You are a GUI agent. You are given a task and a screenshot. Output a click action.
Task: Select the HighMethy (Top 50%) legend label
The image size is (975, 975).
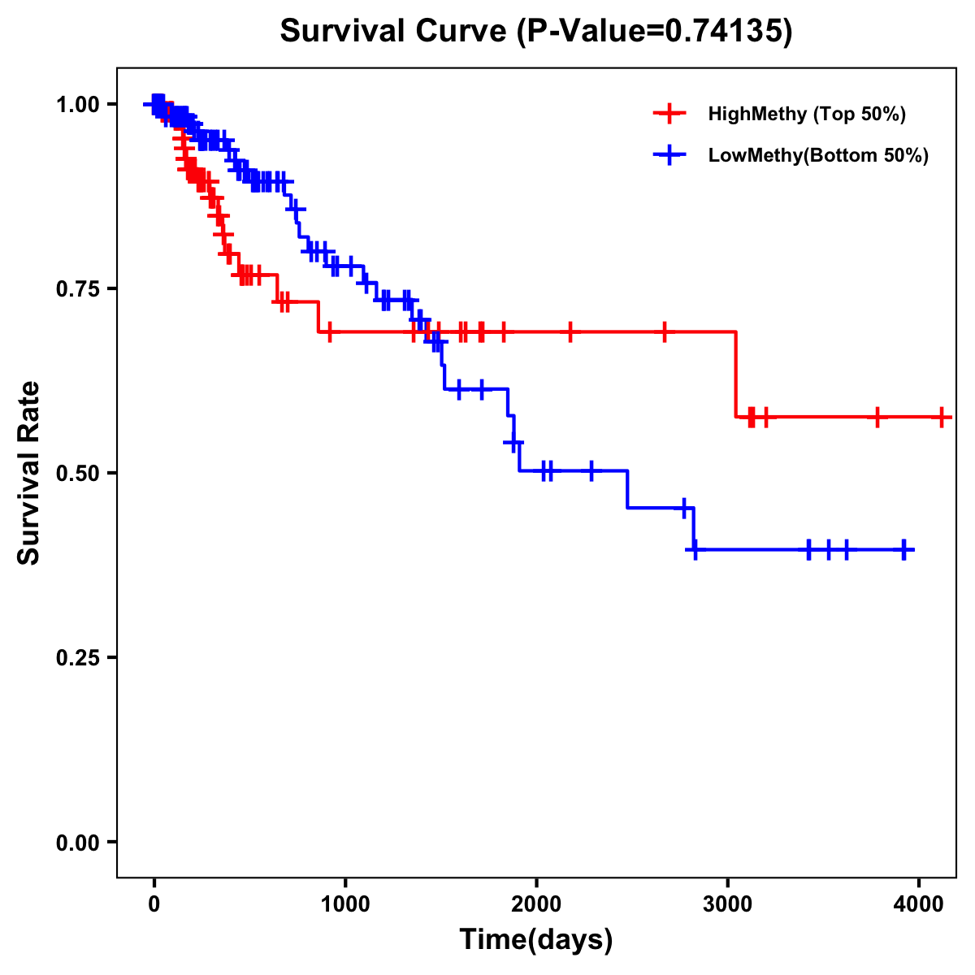point(807,114)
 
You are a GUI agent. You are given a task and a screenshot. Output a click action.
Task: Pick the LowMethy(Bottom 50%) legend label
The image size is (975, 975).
point(818,155)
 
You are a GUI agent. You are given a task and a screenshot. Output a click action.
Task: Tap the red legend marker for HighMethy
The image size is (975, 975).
point(669,114)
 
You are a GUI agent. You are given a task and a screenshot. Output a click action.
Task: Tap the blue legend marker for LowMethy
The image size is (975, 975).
point(669,155)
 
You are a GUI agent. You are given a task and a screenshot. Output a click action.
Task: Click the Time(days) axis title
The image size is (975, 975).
point(536,940)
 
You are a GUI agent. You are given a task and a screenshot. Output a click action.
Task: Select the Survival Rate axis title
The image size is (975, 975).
point(29,473)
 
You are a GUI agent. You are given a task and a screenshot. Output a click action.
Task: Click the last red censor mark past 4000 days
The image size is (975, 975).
point(941,418)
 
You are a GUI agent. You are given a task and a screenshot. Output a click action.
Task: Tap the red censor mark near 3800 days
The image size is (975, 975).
point(877,418)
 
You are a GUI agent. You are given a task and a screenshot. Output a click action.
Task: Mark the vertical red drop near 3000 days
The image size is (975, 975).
point(736,375)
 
